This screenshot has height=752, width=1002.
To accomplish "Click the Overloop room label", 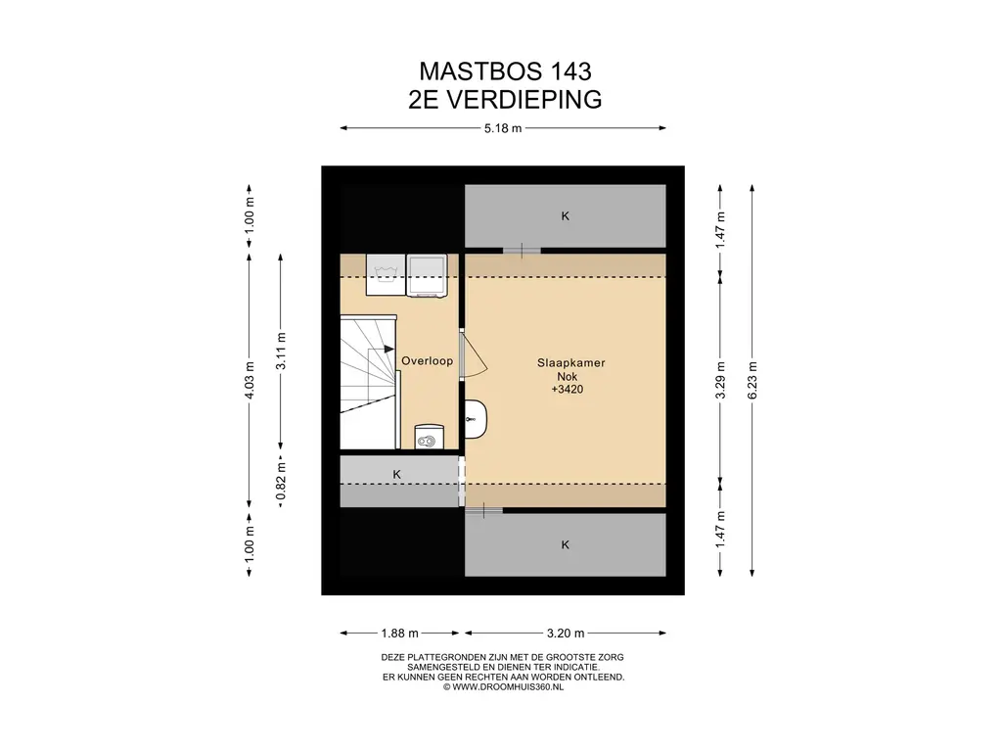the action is [x=427, y=360].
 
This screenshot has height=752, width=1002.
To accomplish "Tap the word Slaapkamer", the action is [x=570, y=362].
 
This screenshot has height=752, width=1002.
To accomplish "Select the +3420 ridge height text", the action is [x=568, y=390].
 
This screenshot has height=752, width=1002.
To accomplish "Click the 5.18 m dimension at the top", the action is [x=503, y=128].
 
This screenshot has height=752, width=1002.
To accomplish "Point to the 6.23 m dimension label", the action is [x=752, y=381].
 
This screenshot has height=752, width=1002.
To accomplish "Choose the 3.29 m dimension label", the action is [x=720, y=381].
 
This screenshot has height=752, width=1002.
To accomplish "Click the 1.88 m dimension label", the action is [x=399, y=634].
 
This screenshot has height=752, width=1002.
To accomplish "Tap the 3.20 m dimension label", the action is [x=566, y=634].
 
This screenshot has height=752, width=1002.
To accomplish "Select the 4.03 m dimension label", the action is [x=250, y=381].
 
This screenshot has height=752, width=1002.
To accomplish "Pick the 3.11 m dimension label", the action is [x=281, y=352].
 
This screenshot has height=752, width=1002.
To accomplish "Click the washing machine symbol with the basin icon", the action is [x=386, y=275].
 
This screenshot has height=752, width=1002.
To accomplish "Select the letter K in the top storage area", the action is [x=565, y=216].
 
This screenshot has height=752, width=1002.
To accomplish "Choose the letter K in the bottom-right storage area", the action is [x=565, y=544].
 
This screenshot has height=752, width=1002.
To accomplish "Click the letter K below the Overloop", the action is [x=397, y=475].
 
